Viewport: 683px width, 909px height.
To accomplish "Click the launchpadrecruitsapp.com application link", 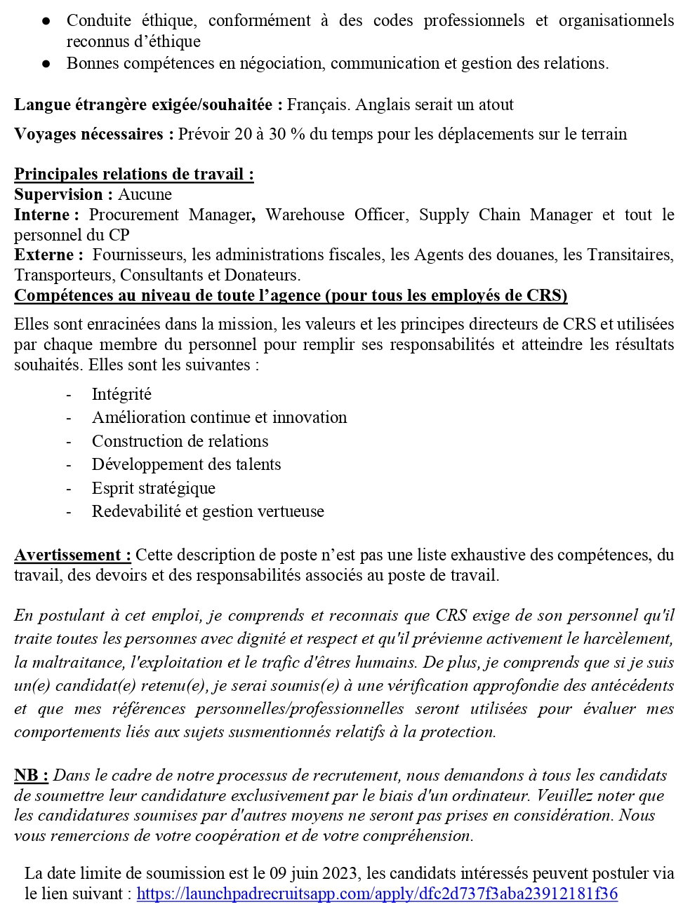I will point(377,894).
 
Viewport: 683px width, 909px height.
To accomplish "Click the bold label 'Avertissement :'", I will point(72,555).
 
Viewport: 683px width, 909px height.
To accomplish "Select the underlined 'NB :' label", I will point(31,775).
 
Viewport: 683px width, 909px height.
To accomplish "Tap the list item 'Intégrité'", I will point(121,394).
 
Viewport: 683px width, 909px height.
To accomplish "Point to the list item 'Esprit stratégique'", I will point(153,488).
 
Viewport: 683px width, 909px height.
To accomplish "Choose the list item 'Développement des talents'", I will point(186,464).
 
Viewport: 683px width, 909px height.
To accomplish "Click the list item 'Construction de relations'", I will point(180,441).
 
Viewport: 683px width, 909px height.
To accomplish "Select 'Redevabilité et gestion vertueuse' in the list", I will point(208,511).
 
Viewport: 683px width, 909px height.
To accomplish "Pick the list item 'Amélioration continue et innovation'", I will point(219,417).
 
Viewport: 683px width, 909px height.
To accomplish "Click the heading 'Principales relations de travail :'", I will point(133,174).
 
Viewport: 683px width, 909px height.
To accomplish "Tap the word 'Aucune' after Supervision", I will point(145,194).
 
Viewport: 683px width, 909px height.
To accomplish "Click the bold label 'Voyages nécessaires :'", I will point(93,134).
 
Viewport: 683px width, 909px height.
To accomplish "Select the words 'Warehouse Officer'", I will point(336,215).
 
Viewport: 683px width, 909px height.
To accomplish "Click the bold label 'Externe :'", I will point(48,255).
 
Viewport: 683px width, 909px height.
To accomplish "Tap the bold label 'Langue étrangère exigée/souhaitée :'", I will point(148,105).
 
